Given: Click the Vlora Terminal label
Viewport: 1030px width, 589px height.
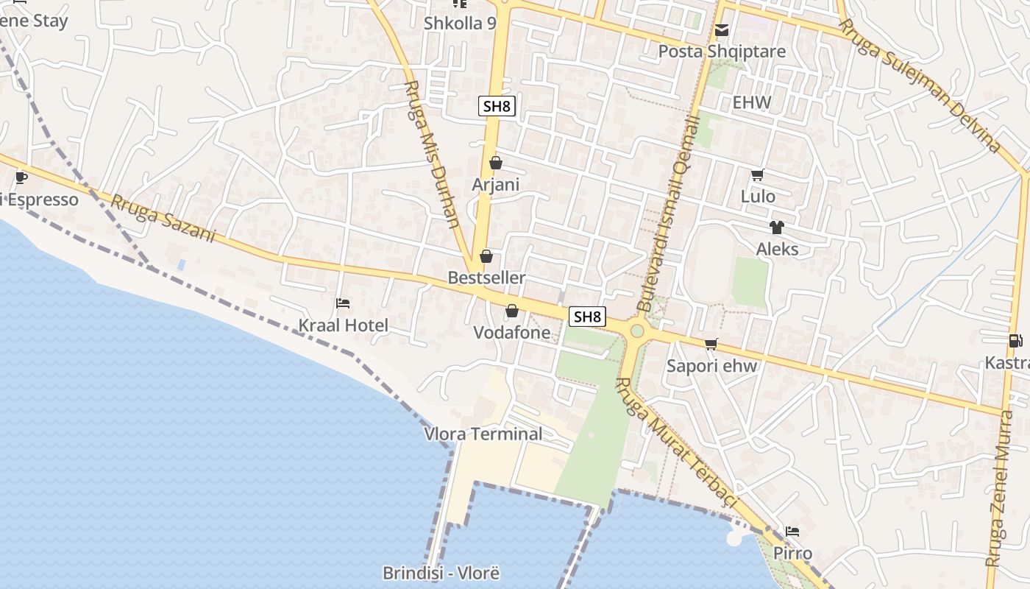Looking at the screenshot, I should (x=483, y=434).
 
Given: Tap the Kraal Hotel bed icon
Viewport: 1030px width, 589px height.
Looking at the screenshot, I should (x=342, y=303).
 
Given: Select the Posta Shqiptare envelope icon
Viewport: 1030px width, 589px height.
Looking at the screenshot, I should (x=722, y=31).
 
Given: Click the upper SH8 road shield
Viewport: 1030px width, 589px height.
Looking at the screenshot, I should (x=497, y=106).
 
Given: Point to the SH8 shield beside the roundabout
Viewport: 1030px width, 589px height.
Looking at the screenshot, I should (x=588, y=317).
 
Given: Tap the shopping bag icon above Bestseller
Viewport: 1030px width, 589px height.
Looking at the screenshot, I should (x=486, y=256).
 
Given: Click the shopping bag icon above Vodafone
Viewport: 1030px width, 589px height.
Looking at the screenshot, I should (x=511, y=311).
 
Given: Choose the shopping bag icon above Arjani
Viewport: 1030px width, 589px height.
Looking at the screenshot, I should (x=495, y=163).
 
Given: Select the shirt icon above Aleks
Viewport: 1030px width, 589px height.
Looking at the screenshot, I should (x=776, y=228).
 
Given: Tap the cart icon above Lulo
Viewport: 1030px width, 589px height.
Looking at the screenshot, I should (x=757, y=175).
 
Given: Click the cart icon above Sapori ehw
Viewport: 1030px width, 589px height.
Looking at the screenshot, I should (x=711, y=344).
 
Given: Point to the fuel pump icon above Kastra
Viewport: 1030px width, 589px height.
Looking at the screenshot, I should (x=1015, y=340).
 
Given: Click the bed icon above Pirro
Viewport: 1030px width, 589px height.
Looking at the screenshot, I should (x=792, y=531).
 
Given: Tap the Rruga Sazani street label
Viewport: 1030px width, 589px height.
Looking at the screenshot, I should (x=163, y=219).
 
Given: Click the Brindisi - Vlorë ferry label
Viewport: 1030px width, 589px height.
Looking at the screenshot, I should (x=441, y=573).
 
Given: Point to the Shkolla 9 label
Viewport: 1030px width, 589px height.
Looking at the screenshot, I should (x=460, y=24).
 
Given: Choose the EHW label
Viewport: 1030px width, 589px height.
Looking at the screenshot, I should (x=752, y=102).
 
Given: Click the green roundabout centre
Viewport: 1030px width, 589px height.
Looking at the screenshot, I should (x=636, y=331).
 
